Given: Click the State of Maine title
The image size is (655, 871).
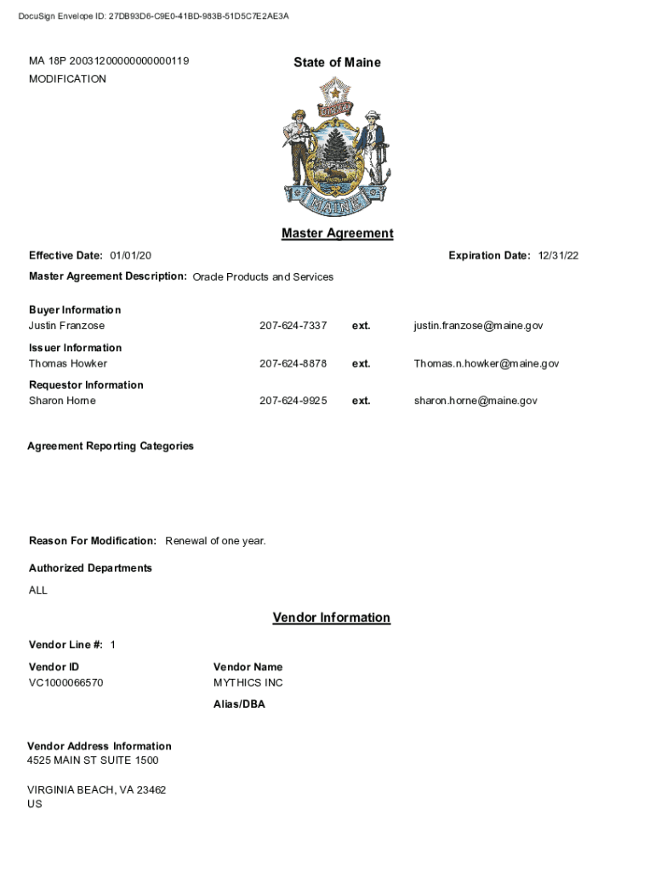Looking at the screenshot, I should (337, 62).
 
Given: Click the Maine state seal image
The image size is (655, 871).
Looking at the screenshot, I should (336, 147).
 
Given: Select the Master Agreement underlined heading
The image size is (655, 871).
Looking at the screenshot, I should (337, 233).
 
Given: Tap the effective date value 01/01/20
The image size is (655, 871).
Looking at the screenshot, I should (130, 255).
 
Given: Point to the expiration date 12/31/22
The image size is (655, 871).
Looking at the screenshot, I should (558, 255).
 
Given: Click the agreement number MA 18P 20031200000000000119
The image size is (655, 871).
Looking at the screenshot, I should (109, 61).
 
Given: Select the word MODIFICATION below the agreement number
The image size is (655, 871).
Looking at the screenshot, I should (67, 79).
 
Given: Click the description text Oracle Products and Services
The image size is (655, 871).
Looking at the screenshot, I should (263, 276).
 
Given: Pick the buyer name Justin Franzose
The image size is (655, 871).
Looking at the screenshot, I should (67, 326).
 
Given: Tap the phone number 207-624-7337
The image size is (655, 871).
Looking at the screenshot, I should (293, 326).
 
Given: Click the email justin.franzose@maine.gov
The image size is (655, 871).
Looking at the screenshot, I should (478, 326).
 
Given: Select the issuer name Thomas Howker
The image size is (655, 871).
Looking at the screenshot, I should (68, 363).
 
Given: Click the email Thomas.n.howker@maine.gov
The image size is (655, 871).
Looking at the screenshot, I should (487, 363).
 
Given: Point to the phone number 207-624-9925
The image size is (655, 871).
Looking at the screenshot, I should (293, 401).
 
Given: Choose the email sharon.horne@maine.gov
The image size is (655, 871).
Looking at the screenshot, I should (476, 401).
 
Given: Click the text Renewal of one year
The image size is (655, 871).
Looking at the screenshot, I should (215, 541).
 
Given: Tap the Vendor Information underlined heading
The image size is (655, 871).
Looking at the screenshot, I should (331, 618).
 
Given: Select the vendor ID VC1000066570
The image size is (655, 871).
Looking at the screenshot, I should (66, 683).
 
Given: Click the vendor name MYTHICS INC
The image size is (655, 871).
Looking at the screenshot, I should (248, 683).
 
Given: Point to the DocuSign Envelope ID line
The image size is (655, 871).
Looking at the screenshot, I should (153, 15).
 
